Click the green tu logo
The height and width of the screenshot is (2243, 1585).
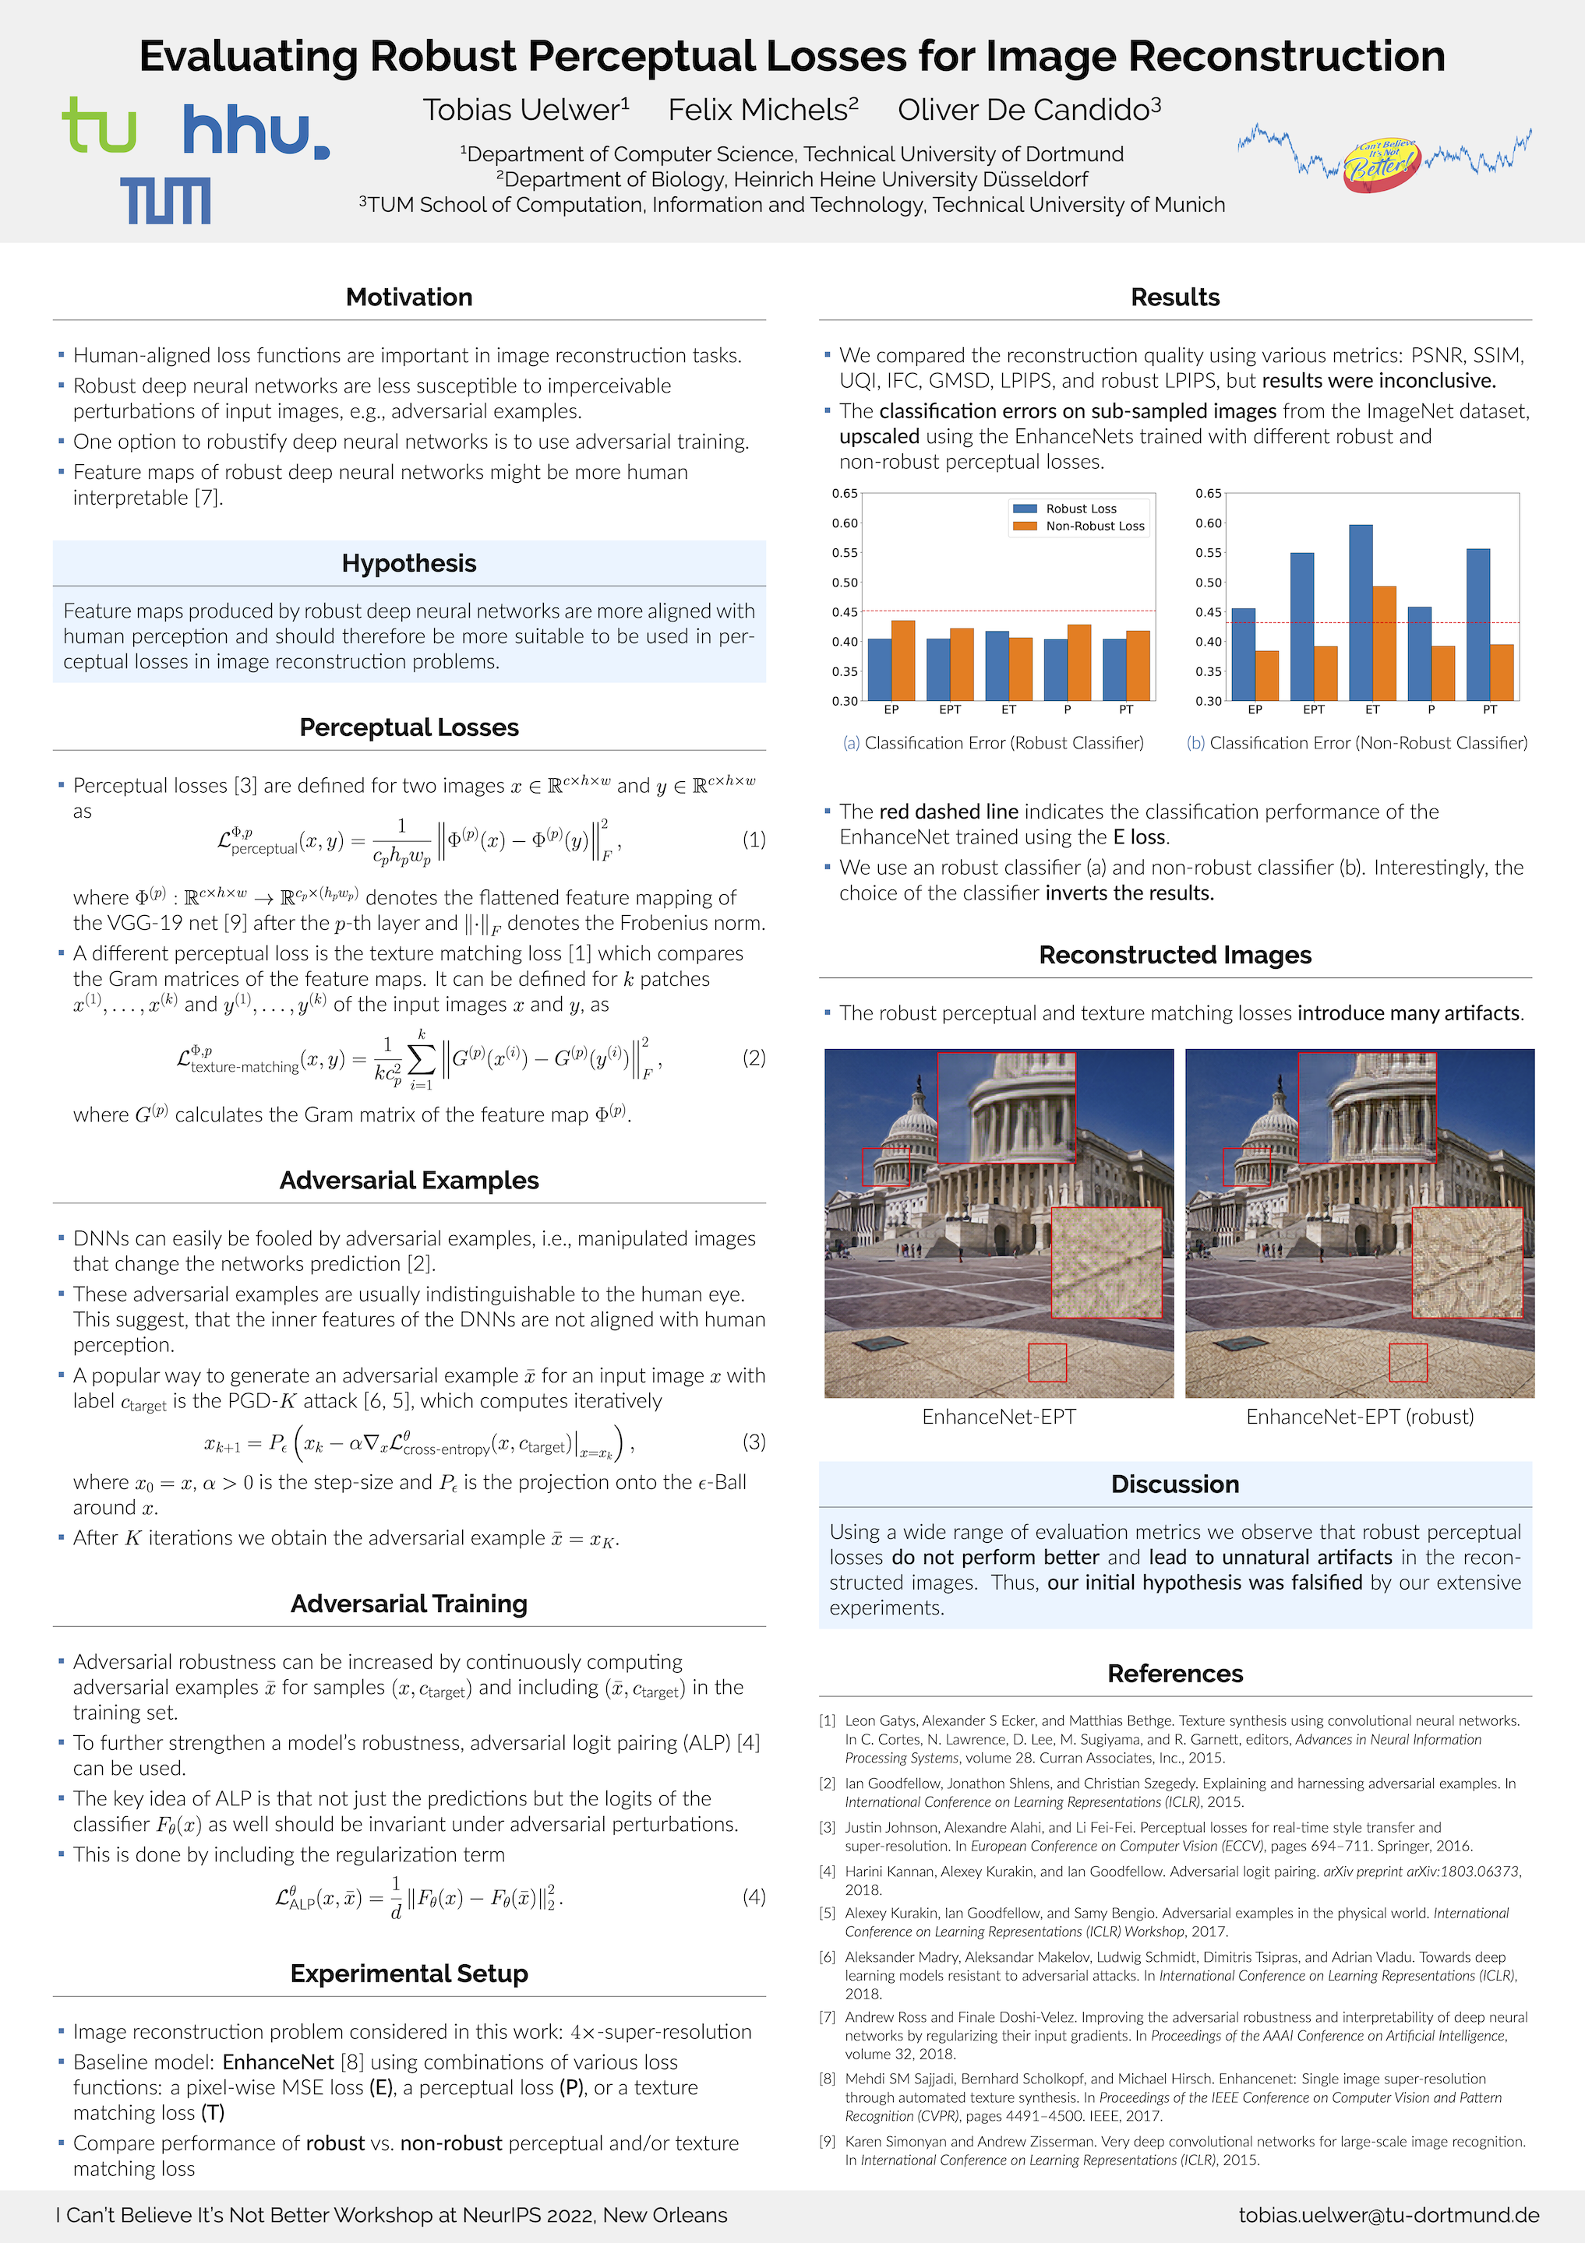99,126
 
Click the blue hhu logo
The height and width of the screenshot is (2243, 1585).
256,132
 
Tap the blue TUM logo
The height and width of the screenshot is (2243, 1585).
165,200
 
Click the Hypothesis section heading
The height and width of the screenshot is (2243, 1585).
408,564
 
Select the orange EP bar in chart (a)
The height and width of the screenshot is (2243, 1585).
903,660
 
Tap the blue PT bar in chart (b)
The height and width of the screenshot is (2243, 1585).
1477,625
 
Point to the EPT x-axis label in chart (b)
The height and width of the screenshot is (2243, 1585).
1313,710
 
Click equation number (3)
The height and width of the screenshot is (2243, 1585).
754,1441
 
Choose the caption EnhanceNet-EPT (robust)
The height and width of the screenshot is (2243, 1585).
1359,1417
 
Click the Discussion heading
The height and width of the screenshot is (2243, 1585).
1174,1484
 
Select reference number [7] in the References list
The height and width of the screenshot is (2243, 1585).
828,2017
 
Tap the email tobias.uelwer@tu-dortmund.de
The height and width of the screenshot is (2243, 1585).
1388,2215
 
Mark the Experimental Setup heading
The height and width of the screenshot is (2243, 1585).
408,1974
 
